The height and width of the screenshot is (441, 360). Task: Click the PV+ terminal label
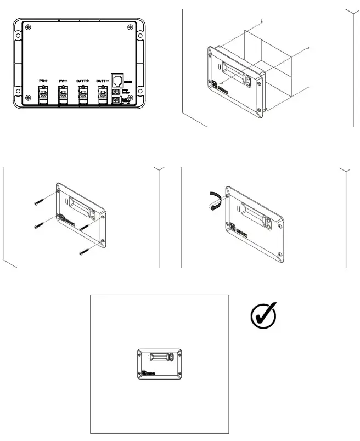tap(43, 81)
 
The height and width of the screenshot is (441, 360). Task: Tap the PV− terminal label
tap(63, 81)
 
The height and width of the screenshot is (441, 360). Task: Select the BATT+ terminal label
tap(83, 81)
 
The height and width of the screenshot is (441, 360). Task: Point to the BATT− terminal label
tap(102, 81)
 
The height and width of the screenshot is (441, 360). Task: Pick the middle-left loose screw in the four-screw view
tap(37, 224)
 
